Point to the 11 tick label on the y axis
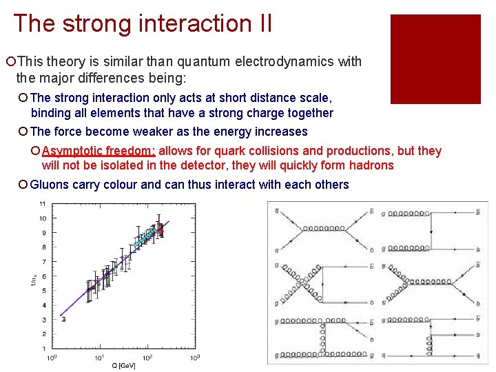(43, 204)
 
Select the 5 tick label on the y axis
(43, 291)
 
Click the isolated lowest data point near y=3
(63, 319)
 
